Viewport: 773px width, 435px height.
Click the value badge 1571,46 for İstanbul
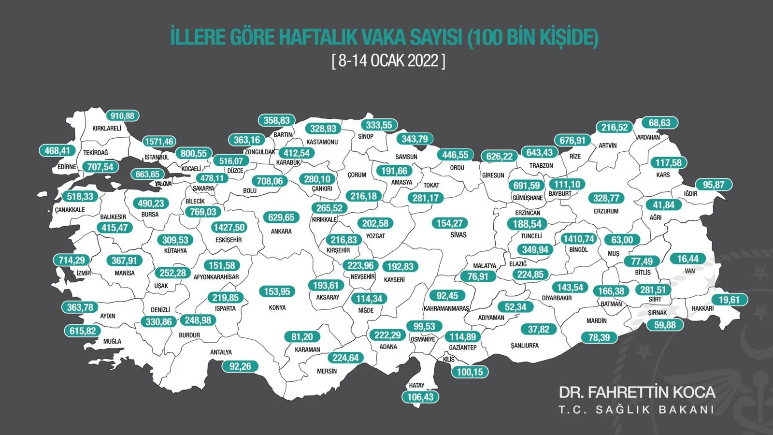pos(159,142)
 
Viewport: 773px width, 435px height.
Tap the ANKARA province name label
pos(281,232)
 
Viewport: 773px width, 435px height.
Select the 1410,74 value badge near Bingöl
pos(579,239)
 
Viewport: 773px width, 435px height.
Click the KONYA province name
pos(277,307)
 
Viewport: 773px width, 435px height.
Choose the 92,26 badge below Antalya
pos(240,366)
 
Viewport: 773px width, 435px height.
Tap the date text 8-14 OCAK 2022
pos(388,61)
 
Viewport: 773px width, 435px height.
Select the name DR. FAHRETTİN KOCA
pos(637,392)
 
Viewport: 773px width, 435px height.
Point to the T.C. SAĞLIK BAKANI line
pos(636,410)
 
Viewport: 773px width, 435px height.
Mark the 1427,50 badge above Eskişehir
pos(229,227)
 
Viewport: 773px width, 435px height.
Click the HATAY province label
pos(416,385)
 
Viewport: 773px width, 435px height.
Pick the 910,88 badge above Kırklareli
pos(122,116)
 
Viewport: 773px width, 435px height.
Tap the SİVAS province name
pos(458,235)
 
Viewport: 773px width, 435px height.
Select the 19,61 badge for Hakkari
pos(729,300)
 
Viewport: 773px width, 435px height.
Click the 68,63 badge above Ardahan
pos(659,123)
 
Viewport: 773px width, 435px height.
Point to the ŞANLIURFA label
pos(524,346)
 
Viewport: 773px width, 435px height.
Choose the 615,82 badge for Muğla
pos(83,331)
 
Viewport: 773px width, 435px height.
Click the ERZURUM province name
pos(606,211)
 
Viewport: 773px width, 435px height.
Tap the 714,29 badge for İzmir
pos(72,260)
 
